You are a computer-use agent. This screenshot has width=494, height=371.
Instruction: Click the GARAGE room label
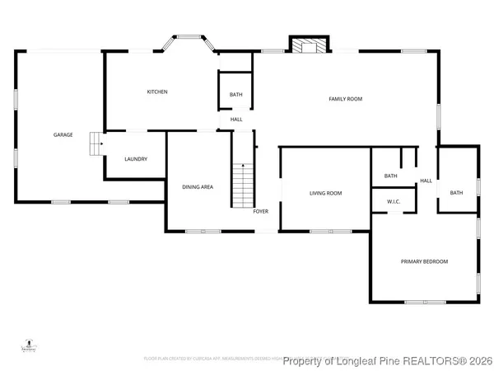point(63,134)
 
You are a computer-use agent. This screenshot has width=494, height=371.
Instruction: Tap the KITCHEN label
point(157,92)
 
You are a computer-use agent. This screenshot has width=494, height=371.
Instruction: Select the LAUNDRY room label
point(136,159)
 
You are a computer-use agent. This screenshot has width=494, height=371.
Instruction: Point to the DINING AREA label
point(198,187)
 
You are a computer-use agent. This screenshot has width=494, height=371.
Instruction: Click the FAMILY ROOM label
point(346,99)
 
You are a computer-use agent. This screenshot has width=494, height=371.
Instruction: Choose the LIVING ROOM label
point(325,194)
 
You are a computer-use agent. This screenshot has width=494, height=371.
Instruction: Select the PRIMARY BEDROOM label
point(424,261)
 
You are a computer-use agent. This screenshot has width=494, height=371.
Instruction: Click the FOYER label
point(261,212)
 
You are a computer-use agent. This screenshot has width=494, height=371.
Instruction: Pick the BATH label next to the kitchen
point(235,95)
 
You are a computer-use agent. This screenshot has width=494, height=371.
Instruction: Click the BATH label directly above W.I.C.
point(390,176)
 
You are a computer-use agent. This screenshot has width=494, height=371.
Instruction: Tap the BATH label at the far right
point(456,193)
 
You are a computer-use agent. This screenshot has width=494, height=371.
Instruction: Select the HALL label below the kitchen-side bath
point(236,120)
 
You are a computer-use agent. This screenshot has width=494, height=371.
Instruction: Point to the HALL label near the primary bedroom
point(426,181)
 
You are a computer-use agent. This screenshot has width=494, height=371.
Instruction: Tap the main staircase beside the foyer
point(241,185)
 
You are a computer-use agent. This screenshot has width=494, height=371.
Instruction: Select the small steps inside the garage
point(96,144)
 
